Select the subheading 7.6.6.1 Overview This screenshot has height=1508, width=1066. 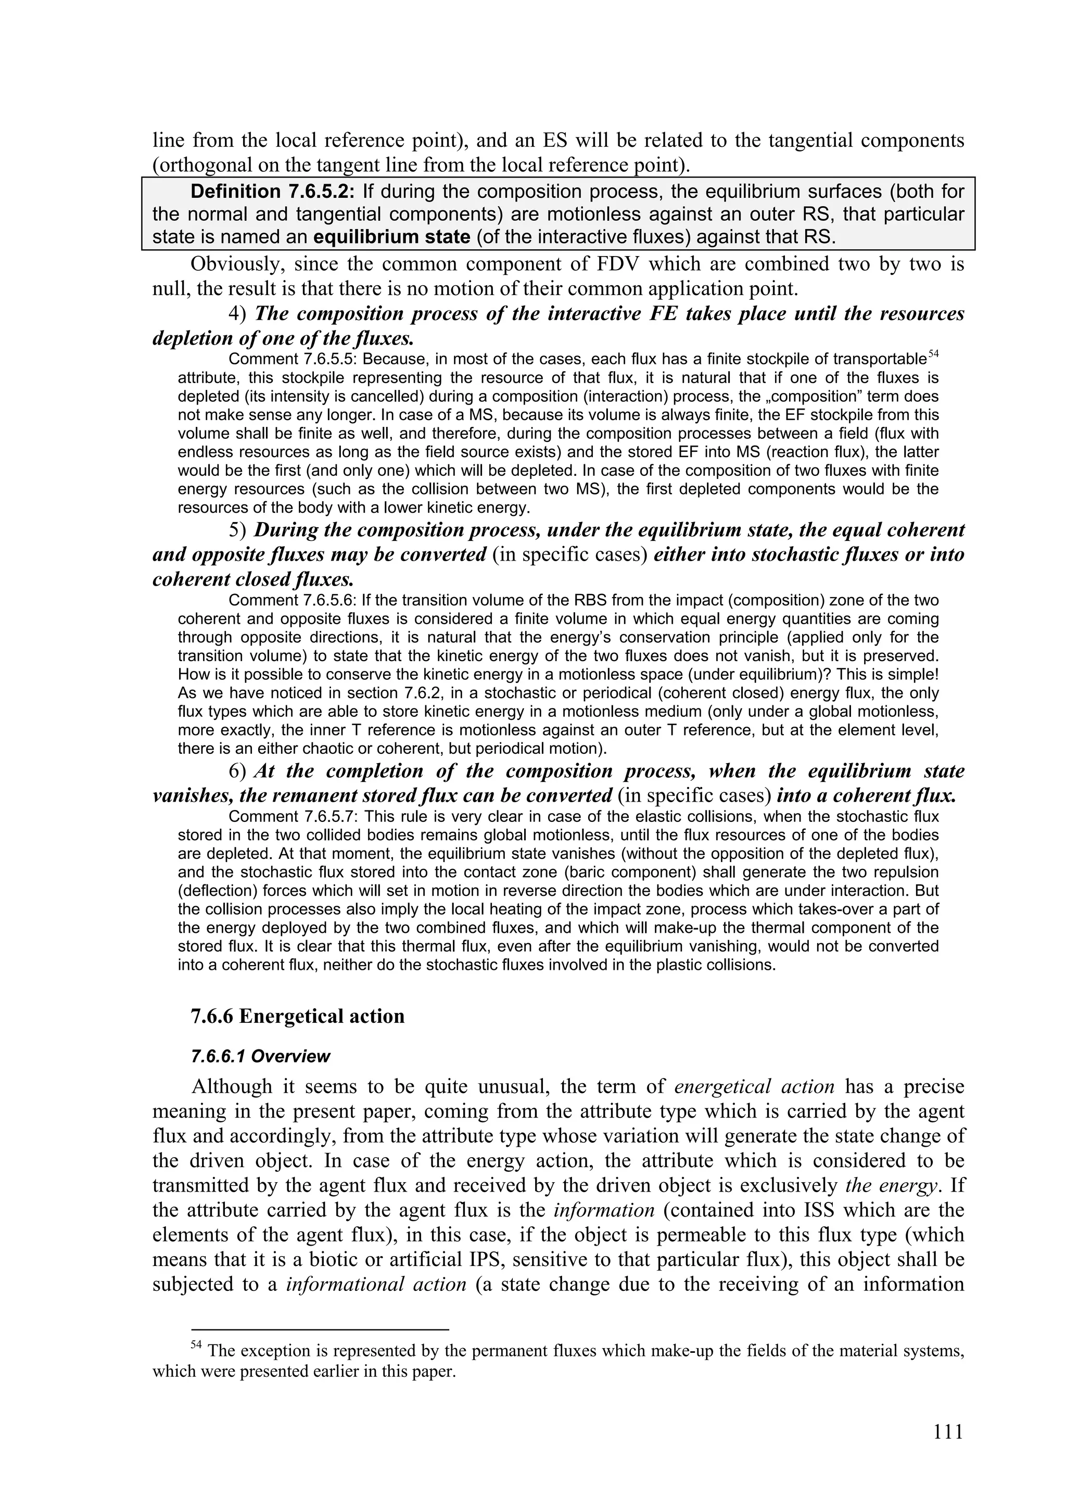[260, 1057]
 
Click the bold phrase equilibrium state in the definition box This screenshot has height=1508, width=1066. [392, 236]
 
